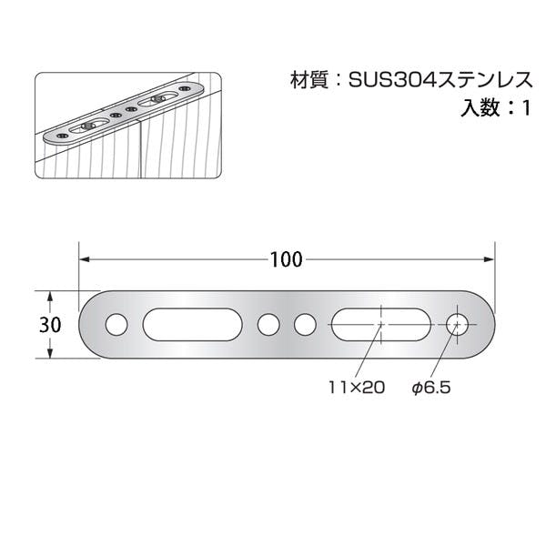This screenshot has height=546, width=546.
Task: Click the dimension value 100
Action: tap(286, 259)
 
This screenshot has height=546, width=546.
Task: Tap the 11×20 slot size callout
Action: tap(357, 388)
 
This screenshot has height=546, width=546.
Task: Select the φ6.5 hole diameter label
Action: tap(431, 388)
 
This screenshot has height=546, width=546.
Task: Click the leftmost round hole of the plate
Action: tap(116, 324)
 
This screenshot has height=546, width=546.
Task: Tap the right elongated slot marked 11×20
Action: tap(378, 324)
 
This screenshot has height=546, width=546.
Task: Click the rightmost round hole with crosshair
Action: tap(459, 324)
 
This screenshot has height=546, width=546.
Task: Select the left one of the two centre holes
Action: tap(268, 324)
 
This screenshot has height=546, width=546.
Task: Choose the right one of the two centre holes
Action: tap(306, 324)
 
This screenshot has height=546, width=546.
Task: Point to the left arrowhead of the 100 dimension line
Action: tap(84, 259)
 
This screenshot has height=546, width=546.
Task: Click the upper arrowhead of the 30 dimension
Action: tap(51, 297)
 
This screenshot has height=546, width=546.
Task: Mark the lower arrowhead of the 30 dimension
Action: tap(51, 353)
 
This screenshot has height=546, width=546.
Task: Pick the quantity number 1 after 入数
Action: tap(525, 108)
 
